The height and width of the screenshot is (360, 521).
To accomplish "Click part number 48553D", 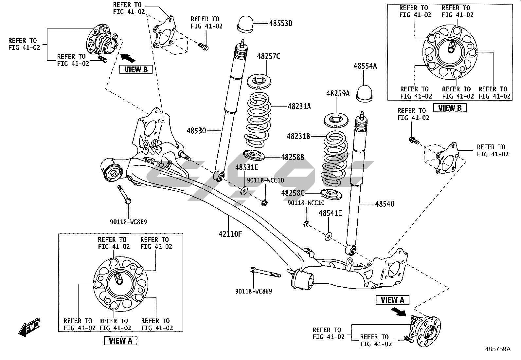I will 281,23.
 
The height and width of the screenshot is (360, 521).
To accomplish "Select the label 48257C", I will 268,56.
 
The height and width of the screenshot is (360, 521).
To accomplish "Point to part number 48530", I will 196,131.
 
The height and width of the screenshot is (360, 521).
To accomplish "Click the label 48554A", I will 365,66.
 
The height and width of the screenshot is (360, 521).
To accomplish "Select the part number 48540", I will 385,204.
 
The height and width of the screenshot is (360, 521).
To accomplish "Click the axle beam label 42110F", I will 230,234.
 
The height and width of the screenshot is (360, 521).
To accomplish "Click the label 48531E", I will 246,168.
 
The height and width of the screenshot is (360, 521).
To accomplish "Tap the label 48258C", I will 293,193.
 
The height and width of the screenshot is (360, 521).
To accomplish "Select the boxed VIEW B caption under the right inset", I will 449,108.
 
